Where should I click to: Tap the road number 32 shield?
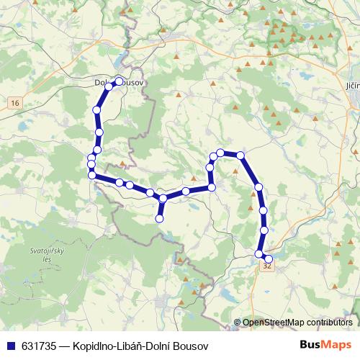click(x=267, y=266)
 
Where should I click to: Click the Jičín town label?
click(x=352, y=84)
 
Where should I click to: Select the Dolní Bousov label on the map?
click(x=121, y=84)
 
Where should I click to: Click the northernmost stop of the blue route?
click(x=120, y=81)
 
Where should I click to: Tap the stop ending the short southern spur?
click(x=160, y=218)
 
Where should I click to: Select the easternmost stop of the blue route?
click(x=269, y=258)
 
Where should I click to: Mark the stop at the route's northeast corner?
click(x=241, y=156)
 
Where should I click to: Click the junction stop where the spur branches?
click(x=163, y=198)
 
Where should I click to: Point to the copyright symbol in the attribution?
click(x=238, y=323)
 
